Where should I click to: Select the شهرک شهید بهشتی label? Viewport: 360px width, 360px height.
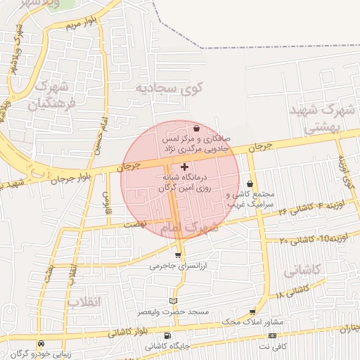tap(324, 118)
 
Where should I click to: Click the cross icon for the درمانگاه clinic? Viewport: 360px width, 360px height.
tap(184, 167)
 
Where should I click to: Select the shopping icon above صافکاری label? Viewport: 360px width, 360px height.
tap(195, 129)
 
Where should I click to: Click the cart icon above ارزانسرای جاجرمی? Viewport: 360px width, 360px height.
tap(178, 255)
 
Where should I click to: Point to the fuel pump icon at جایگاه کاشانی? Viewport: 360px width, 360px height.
tap(167, 335)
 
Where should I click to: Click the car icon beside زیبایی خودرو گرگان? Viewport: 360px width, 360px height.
tap(41, 343)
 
